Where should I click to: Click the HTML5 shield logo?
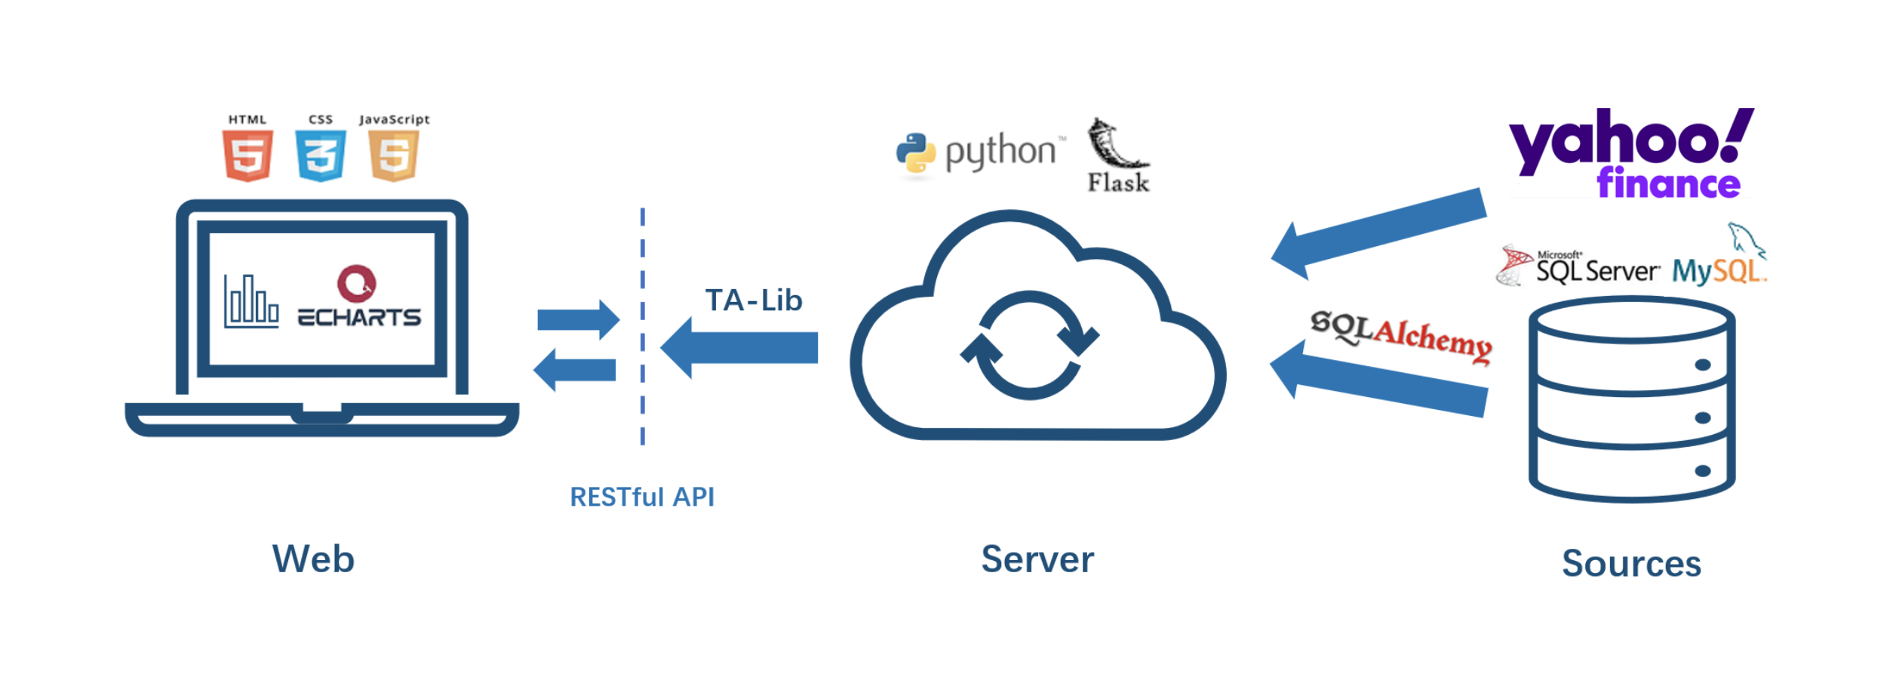point(247,156)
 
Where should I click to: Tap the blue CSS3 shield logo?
point(321,156)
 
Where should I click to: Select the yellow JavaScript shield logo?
point(394,156)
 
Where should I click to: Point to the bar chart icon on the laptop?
point(251,301)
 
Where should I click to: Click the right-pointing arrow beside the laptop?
point(578,319)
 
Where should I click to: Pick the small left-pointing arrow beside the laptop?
point(575,370)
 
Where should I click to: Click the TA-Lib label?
point(754,300)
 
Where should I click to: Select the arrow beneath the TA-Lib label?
point(739,347)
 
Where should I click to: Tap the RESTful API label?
point(642,497)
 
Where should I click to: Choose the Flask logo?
point(1118,156)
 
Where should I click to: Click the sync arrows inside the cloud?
point(1030,345)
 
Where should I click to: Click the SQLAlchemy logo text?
point(1401,336)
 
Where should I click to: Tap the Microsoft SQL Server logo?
point(1578,266)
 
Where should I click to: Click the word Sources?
point(1631,563)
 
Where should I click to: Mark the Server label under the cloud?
point(1037,559)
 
